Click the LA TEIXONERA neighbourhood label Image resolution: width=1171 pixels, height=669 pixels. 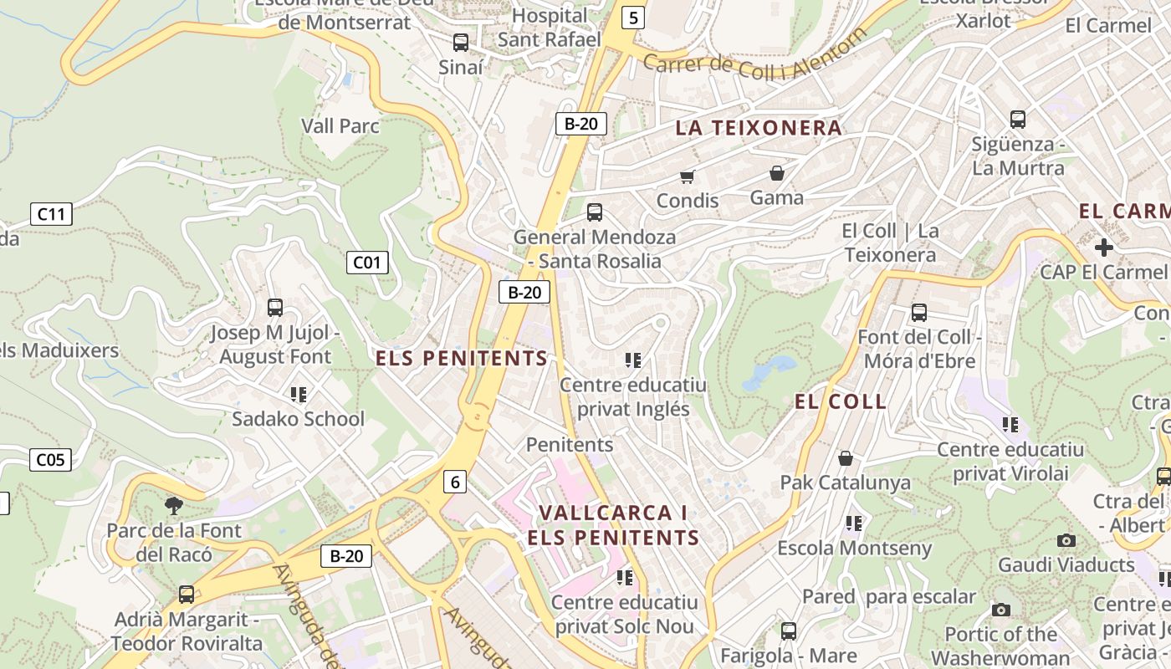759,128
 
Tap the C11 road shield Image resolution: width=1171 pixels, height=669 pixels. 51,214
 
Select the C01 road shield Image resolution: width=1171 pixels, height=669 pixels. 366,263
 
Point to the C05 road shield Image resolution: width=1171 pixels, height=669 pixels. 50,459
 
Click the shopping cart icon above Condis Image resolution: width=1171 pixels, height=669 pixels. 688,176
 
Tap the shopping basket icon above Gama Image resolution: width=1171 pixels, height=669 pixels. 777,173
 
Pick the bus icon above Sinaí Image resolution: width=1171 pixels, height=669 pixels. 460,42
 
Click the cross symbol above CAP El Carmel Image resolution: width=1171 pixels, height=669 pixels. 1103,248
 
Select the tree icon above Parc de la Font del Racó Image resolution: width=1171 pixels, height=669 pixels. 174,504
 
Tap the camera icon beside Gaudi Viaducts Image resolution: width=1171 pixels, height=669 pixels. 1066,540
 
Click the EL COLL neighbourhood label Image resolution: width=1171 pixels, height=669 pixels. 841,401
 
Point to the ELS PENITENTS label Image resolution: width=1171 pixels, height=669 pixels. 462,359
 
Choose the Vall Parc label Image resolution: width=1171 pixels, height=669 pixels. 340,126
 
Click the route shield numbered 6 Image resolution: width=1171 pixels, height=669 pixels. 455,482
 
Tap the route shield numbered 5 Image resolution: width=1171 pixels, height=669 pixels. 633,17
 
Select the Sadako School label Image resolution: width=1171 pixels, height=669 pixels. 298,419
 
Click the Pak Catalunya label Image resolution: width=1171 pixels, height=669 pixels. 845,483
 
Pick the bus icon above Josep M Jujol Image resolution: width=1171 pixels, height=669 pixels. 274,308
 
